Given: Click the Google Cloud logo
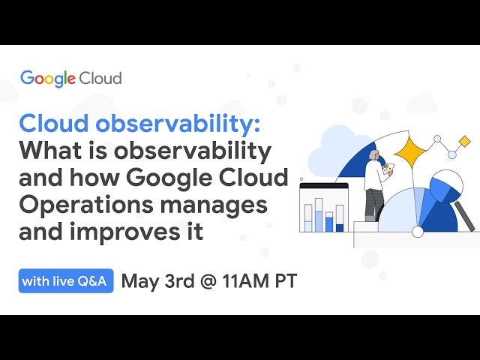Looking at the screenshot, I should [70, 78].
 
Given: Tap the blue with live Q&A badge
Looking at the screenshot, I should [66, 282].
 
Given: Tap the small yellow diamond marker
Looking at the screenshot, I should [463, 140].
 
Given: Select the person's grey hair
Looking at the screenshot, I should [373, 154].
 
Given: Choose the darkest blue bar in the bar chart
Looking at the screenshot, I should [340, 226].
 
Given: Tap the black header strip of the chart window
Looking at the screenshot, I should [324, 186].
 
